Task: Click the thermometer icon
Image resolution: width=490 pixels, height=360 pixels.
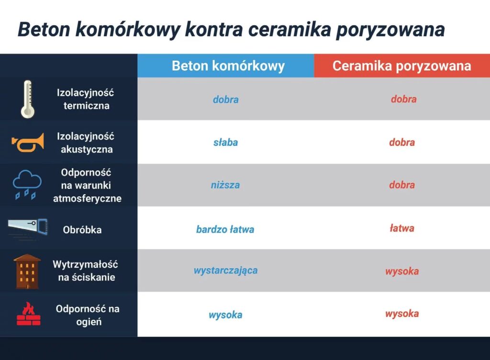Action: point(27,99)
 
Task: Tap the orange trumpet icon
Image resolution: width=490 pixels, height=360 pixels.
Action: point(28,143)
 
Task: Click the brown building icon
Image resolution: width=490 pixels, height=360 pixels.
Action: point(27,272)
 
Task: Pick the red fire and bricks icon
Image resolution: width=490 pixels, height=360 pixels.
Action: point(28,314)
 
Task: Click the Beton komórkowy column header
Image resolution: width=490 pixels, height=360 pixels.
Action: point(228,66)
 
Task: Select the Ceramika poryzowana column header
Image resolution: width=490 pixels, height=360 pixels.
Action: point(401,66)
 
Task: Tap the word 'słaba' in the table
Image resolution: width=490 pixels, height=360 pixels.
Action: point(226,142)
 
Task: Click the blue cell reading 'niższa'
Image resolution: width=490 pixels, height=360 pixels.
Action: point(225,185)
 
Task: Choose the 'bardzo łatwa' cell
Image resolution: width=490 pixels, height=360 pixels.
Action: point(225,229)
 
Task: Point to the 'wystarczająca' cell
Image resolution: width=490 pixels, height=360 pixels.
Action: point(226,271)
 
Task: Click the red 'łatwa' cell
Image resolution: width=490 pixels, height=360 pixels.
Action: point(402,228)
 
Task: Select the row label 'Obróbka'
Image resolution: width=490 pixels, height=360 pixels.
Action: point(82,230)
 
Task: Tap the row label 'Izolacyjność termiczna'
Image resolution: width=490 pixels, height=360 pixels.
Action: point(86,99)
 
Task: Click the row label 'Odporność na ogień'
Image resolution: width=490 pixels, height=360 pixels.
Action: point(88,315)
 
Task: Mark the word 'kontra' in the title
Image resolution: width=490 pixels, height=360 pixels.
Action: point(214,30)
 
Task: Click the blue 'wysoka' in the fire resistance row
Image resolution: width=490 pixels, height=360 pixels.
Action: point(226,315)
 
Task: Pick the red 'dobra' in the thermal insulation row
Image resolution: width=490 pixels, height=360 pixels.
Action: point(404,99)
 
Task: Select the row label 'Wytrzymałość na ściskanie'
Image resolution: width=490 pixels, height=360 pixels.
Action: point(85,271)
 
